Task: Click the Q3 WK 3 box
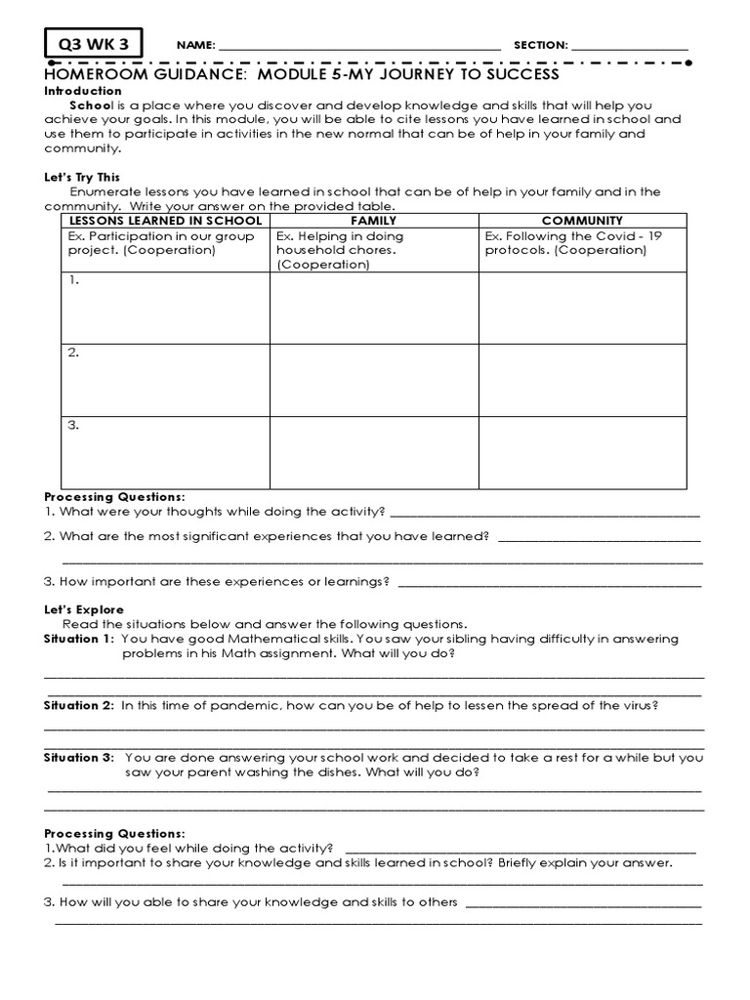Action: [93, 44]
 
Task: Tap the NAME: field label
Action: [195, 46]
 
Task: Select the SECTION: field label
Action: [540, 46]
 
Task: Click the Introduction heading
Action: [83, 91]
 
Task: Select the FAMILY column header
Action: [373, 222]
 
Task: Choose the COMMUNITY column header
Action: [582, 222]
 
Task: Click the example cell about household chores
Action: [373, 250]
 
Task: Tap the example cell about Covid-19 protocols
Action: [582, 243]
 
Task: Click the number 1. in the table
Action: [73, 280]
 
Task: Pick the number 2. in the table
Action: [73, 353]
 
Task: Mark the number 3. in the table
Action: [73, 425]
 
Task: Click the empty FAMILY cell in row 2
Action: [373, 379]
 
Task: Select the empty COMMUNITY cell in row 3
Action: [582, 451]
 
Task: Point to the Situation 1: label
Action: [79, 639]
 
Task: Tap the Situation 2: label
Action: [79, 705]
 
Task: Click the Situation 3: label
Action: [79, 757]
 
